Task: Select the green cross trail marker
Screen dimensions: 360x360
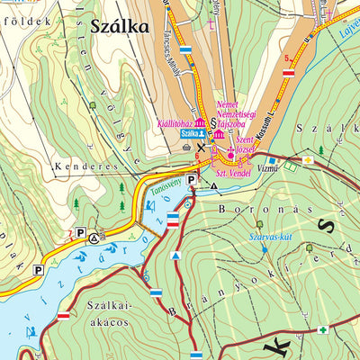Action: (322, 330)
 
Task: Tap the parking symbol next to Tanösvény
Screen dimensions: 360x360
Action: (192, 181)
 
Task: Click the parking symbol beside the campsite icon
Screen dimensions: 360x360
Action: (80, 233)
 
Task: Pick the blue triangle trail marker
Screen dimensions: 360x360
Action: (176, 256)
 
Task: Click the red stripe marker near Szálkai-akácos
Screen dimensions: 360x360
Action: (64, 316)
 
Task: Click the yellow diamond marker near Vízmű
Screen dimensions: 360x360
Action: (308, 160)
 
